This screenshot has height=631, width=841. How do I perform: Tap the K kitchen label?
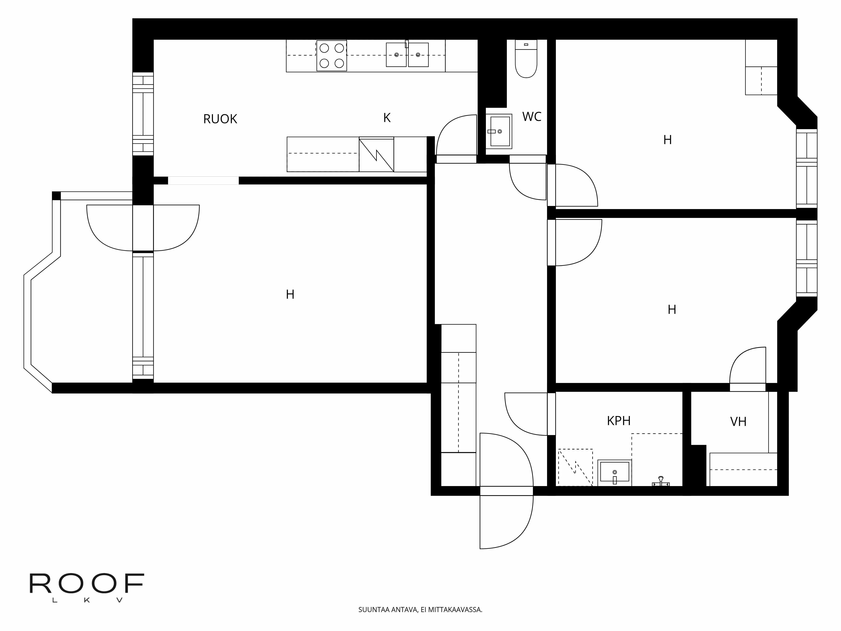(x=387, y=118)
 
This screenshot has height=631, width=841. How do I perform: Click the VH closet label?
(x=738, y=422)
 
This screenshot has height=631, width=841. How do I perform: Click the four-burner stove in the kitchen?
(x=332, y=56)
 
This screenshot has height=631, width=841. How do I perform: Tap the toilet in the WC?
(x=526, y=61)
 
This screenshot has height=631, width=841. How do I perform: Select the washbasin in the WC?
(x=499, y=131)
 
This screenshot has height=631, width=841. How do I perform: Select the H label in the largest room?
(x=290, y=294)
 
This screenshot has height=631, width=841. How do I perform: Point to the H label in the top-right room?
(x=667, y=140)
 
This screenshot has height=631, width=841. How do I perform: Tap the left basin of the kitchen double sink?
(x=396, y=55)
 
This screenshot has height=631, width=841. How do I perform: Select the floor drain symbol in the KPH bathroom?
(x=661, y=481)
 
